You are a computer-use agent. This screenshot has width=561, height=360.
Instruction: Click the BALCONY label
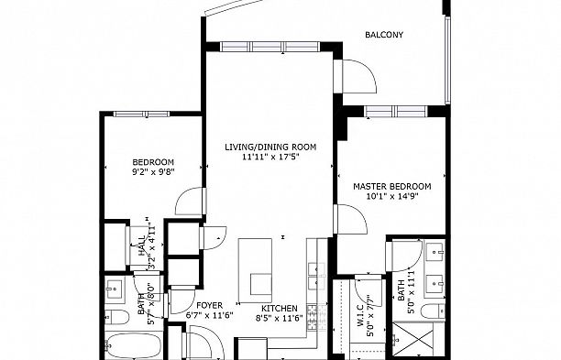coord(384,35)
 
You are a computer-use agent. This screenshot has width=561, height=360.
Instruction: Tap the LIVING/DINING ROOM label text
coord(270,147)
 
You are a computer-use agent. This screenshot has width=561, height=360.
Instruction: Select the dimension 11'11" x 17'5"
coord(270,157)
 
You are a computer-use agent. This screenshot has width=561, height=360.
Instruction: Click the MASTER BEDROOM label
coord(392,186)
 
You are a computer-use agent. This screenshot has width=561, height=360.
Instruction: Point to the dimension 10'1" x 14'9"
coord(392,196)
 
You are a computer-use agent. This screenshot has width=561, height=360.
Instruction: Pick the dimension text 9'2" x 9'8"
coord(153,171)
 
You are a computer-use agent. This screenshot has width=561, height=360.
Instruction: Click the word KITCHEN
coord(279,308)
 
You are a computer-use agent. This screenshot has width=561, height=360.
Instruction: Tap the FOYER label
coord(210,306)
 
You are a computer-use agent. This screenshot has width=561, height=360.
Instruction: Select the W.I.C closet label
coord(360,315)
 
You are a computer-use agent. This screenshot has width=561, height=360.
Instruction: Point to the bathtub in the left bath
coord(134,345)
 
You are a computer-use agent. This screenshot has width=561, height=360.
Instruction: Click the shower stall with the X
coord(412,338)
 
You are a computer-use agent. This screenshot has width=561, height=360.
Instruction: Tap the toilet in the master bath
coord(433,311)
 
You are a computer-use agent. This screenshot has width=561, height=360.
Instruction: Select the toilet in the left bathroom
coord(116,317)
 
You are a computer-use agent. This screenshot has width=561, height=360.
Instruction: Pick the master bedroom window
coord(396,112)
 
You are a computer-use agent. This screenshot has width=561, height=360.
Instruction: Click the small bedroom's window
coord(141,114)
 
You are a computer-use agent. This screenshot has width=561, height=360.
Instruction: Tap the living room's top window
coord(269,47)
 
